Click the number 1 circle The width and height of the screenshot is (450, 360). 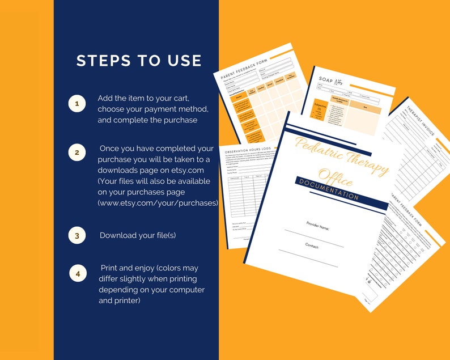(77, 104)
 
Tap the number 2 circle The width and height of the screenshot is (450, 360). (77, 153)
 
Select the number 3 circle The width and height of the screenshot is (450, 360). (77, 235)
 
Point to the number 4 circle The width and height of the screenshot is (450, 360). (78, 273)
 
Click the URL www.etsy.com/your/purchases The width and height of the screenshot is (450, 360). (158, 202)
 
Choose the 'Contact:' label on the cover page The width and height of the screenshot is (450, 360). (312, 247)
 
